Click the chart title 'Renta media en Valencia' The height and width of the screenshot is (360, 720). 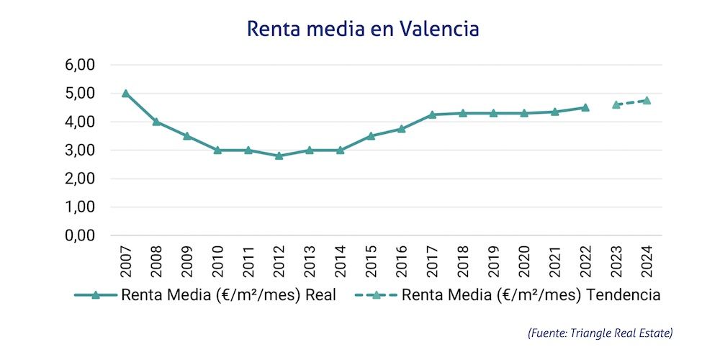coord(362,29)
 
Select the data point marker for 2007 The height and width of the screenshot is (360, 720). coord(126,94)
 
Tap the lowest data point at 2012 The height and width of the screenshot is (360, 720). coord(279,156)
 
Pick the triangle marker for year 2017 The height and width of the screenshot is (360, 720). coord(432,114)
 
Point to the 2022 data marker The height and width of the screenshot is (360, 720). coord(585,107)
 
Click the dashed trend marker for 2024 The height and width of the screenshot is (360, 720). coord(647,101)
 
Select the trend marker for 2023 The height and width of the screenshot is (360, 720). coord(616,104)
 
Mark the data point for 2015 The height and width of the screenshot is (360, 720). coord(371,135)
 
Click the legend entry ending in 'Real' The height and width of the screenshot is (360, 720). coord(229,295)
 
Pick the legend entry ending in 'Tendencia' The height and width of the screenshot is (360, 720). coord(531,295)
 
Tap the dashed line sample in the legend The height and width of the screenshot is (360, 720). coord(376,295)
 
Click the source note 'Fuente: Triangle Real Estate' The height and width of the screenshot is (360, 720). coord(600,333)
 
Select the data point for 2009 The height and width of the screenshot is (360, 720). coord(187,135)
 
